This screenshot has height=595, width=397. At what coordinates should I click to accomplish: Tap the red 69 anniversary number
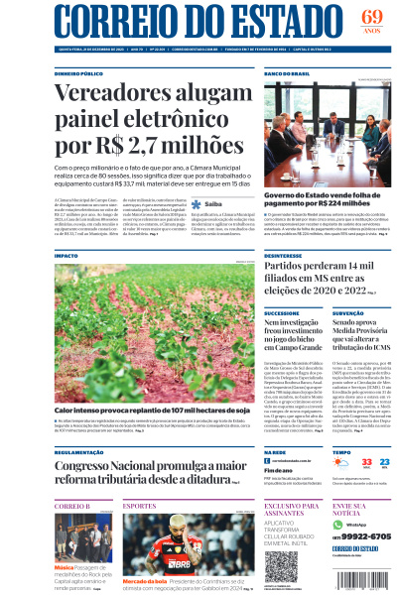(371, 17)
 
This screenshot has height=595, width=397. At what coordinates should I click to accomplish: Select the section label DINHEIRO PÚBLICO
(79, 73)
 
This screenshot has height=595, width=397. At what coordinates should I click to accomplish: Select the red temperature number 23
(369, 462)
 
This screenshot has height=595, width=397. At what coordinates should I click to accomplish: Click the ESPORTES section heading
(140, 506)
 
